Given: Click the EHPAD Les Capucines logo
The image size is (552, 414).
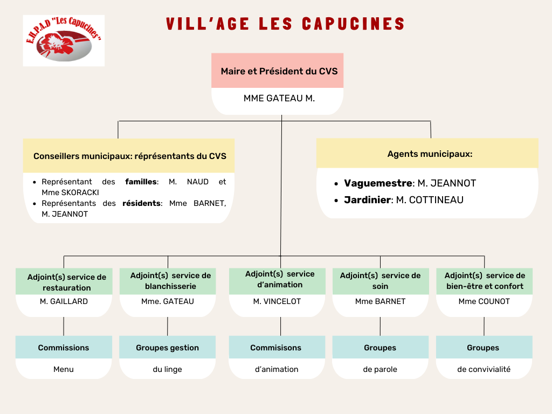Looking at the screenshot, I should pos(64,40).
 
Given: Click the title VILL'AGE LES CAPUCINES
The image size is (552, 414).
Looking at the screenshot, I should pos(286,24).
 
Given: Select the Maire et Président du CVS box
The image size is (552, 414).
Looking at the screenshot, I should pos(278,71).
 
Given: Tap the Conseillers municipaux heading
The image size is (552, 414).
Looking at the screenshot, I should pos(130,156).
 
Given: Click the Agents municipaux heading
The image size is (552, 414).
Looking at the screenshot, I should pos(430,154).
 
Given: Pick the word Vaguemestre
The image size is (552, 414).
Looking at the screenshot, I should pos(378,183).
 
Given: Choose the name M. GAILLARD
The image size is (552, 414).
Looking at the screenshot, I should pos(64,301).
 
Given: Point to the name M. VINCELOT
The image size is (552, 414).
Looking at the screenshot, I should pos(277,301).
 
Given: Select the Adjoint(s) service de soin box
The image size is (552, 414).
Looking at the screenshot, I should pos(380,281).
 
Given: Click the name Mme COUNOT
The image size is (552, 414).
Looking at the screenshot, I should pos(484,301).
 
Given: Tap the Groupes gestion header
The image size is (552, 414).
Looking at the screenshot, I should pos(167,348).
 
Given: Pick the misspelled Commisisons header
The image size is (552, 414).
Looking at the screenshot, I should pos(275,348).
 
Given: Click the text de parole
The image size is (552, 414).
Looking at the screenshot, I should pos(380,369).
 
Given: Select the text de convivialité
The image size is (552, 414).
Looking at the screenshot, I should pos(484,369).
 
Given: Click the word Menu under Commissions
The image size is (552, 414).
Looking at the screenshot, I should pos(64,369).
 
